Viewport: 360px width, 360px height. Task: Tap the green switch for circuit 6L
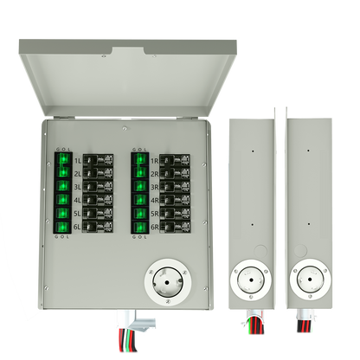[x=63, y=228]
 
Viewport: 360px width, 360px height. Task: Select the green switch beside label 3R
[x=138, y=188]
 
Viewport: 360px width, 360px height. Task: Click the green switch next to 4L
[x=63, y=202]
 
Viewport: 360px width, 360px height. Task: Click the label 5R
[x=153, y=215]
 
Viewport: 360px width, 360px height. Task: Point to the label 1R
[x=153, y=161]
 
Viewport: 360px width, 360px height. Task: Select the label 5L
[x=78, y=215]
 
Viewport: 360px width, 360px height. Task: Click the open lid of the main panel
[x=122, y=73]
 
